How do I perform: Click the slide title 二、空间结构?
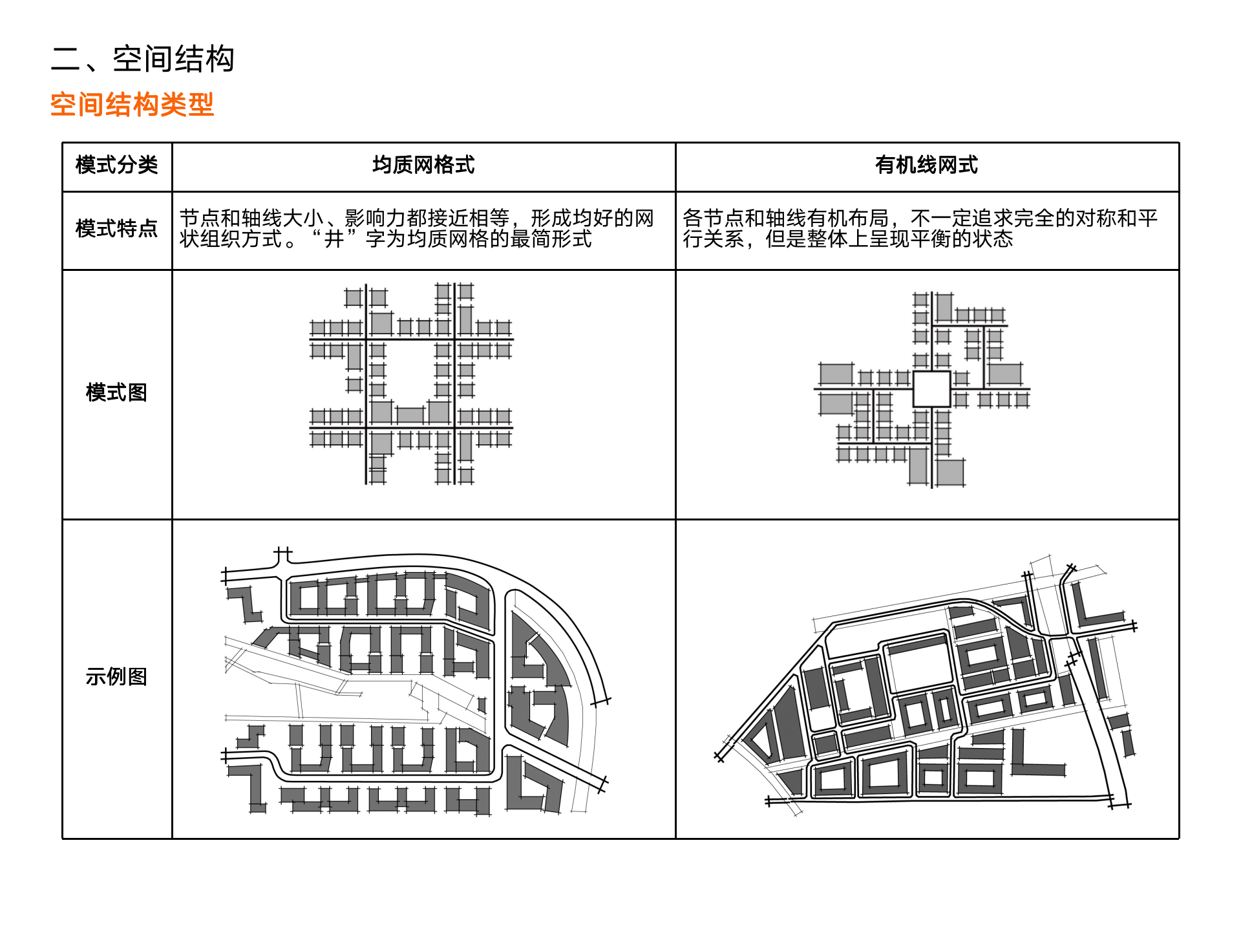click(x=142, y=59)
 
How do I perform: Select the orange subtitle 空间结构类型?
click(x=132, y=105)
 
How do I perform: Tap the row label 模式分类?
click(x=116, y=166)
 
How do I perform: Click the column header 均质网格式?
click(x=423, y=166)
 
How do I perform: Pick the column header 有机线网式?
click(x=926, y=166)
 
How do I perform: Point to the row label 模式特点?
click(x=116, y=229)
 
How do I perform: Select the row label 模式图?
click(x=116, y=392)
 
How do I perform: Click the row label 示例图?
click(x=116, y=677)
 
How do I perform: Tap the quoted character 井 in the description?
click(x=334, y=240)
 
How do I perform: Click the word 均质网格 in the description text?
click(x=448, y=240)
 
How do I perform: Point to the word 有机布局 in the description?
click(x=848, y=219)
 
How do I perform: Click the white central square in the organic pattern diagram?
click(x=931, y=389)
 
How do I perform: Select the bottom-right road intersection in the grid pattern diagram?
click(x=455, y=428)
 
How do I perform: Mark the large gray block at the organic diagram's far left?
click(x=836, y=374)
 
